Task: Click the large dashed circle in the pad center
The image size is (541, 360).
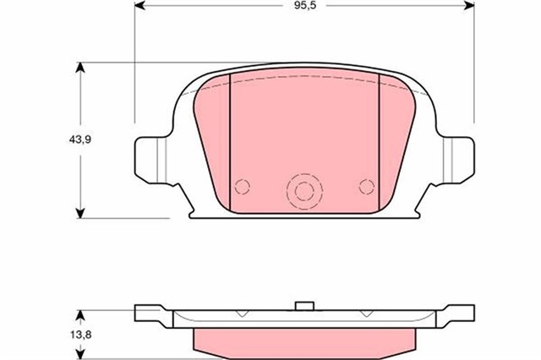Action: tap(303, 192)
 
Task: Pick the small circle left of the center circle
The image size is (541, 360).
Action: tap(243, 187)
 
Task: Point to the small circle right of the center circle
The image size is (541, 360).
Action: tap(366, 186)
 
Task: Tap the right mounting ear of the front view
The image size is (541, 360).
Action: tap(456, 158)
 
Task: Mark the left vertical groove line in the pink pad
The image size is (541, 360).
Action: tap(231, 139)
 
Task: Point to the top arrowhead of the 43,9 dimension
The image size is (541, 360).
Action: tap(80, 68)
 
